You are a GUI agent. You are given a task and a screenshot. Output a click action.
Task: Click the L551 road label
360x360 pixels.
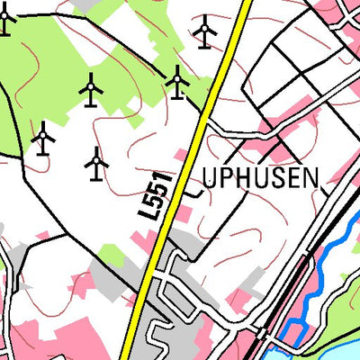coord(157,195)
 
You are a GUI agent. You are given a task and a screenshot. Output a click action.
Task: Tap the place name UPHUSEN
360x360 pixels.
coord(261,177)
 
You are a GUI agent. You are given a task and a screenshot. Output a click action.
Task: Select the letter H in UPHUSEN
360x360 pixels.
coord(245,177)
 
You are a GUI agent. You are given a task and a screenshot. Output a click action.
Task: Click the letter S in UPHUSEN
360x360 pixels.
coord(277,177)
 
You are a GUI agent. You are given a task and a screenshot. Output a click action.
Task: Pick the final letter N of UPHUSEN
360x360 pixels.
coord(310,177)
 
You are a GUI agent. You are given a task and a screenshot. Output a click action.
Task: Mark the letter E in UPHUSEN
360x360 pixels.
coord(292,177)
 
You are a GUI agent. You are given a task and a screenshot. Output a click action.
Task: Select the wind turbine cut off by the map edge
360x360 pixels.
coord(5,18)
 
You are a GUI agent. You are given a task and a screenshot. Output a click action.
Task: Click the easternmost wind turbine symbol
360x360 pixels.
coord(205,31)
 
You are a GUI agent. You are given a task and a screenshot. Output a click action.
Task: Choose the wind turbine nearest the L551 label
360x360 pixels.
coord(96,163)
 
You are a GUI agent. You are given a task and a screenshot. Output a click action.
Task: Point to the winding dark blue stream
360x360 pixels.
coord(314,279)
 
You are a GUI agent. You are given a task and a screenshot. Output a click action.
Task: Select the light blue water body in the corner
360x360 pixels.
coord(333,346)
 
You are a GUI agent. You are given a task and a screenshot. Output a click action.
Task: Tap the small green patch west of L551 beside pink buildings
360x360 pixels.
coord(111,253)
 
